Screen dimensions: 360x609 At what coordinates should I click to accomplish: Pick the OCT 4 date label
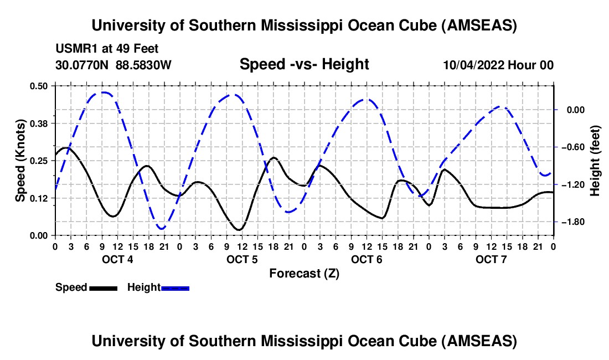tap(117, 259)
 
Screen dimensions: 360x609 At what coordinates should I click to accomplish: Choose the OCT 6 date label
tap(367, 259)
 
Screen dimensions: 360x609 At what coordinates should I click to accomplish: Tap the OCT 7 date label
tap(491, 259)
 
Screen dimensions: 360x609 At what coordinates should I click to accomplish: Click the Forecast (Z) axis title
tap(304, 273)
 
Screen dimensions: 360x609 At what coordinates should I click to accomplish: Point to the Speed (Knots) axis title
tap(20, 161)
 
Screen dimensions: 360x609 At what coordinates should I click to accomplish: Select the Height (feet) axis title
tap(595, 161)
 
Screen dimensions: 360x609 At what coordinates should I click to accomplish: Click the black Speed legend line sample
tap(103, 287)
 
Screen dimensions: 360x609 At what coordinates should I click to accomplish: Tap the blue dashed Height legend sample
tap(176, 287)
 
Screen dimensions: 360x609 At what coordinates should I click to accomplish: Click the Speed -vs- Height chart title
tap(304, 64)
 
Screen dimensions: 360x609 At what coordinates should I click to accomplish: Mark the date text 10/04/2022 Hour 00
tap(498, 65)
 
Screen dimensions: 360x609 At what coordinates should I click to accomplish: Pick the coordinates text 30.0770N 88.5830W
tap(113, 65)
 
